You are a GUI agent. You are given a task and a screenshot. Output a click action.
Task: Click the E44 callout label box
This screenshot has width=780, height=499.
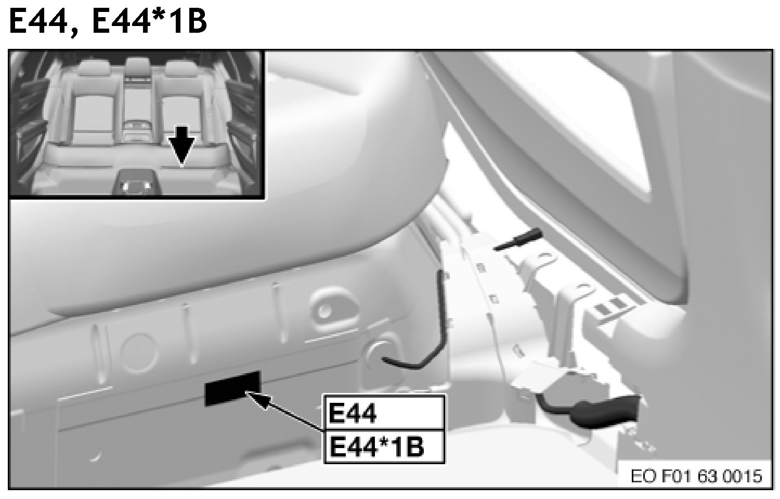pyautogui.click(x=384, y=413)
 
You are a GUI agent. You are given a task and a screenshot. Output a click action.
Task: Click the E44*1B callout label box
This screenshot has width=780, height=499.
pyautogui.click(x=384, y=447)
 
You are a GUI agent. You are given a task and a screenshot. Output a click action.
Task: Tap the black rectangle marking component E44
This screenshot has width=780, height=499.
pyautogui.click(x=232, y=388)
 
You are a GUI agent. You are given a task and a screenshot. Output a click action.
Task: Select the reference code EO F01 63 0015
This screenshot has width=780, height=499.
pyautogui.click(x=696, y=476)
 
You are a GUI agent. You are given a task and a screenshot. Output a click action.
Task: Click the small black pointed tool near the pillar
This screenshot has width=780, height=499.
pyautogui.click(x=518, y=239)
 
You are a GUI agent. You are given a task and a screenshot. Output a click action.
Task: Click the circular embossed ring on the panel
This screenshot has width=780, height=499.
pyautogui.click(x=138, y=352)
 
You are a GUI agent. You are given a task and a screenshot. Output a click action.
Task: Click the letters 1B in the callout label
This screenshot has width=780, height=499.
pyautogui.click(x=411, y=447)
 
